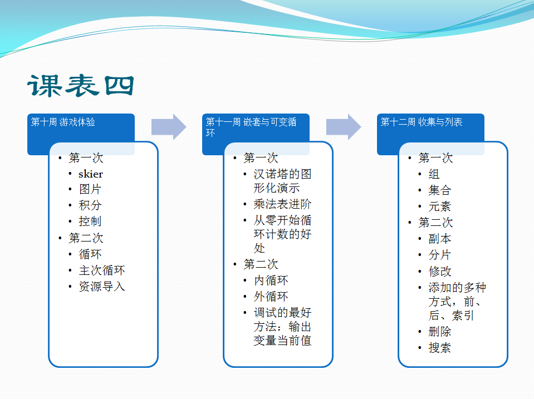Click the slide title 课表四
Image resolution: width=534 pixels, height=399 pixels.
81,86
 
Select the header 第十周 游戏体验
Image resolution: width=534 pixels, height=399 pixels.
63,122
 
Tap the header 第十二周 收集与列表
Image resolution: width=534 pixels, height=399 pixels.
422,122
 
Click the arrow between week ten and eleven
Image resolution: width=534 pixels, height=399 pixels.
169,127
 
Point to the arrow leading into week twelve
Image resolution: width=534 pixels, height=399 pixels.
343,127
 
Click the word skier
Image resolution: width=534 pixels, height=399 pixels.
91,174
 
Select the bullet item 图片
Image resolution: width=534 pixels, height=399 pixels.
90,189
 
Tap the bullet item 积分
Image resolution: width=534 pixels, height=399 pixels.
90,205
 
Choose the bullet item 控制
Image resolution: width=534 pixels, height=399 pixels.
90,221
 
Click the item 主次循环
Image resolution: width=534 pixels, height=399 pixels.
102,270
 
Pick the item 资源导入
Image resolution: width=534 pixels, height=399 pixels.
102,287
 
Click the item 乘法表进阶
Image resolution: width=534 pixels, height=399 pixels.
282,204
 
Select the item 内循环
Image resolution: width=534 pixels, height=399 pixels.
271,280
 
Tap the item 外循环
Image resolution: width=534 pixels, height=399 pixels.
271,296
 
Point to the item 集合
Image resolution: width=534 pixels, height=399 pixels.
440,190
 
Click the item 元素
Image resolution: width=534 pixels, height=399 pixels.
440,206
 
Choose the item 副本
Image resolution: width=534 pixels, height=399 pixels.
440,239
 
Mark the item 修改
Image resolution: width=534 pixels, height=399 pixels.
440,272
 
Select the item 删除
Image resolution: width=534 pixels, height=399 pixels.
440,331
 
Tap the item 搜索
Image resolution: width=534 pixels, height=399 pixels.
440,348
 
